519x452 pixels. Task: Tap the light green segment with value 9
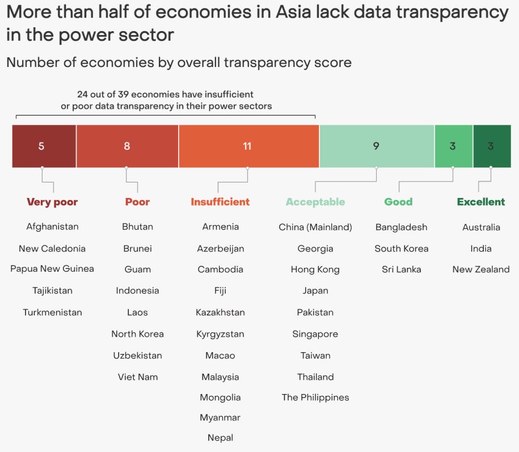pos(376,146)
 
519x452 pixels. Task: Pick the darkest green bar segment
pos(491,146)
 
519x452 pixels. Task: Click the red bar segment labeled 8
pos(127,146)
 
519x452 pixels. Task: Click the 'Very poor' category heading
pos(52,202)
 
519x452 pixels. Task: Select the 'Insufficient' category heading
pos(220,202)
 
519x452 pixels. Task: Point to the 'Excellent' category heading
pos(481,202)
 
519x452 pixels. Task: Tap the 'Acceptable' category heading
pos(315,202)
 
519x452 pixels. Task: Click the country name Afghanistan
pos(52,227)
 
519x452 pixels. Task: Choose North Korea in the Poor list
pos(137,334)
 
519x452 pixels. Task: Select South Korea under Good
pos(402,248)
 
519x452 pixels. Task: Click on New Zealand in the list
pos(481,269)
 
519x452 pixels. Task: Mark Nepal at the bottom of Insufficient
pos(220,437)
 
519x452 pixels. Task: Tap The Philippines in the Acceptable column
pos(315,397)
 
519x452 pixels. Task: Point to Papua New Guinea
pos(52,269)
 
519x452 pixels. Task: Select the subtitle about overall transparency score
pos(179,62)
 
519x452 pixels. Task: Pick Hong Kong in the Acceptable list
pos(315,269)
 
